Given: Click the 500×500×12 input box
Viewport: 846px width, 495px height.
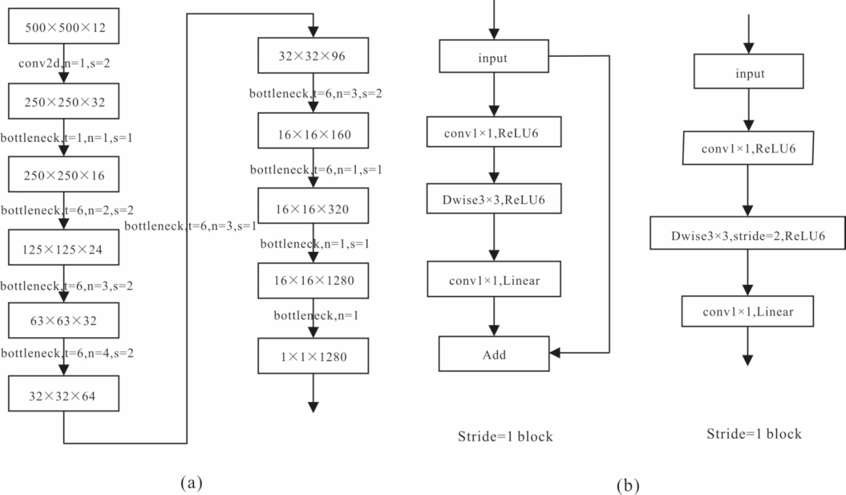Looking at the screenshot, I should [64, 26].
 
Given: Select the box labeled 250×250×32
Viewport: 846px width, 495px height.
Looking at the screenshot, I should [64, 101].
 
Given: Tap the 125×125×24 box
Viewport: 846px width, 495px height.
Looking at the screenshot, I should [64, 247].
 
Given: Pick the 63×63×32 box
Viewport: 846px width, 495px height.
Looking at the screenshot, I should [64, 320].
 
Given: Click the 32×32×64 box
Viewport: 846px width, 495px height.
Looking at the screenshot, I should [64, 394].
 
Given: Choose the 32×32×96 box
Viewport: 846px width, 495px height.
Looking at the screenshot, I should [313, 56].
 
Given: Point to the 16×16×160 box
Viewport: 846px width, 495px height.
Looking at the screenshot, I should [313, 131].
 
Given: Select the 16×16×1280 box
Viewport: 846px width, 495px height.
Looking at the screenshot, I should [313, 281].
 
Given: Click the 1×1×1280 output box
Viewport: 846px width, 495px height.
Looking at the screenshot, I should [313, 356].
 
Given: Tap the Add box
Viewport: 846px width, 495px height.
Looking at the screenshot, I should [494, 354].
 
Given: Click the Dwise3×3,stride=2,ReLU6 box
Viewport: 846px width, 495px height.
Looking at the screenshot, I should [747, 233].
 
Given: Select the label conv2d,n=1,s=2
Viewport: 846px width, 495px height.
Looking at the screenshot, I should [64, 63].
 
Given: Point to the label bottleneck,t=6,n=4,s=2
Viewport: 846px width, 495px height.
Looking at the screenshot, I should [67, 353].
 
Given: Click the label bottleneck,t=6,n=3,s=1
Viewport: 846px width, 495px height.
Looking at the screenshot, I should [190, 226].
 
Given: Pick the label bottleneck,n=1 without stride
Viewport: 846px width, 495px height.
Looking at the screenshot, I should [316, 316].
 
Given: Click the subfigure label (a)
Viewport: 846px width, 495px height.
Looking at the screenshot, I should [191, 482].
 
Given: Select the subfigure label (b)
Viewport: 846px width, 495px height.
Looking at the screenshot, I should [628, 485].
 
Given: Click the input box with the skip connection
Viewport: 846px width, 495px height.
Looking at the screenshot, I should [494, 56].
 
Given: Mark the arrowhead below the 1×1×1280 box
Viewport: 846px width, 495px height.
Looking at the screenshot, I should [313, 407].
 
